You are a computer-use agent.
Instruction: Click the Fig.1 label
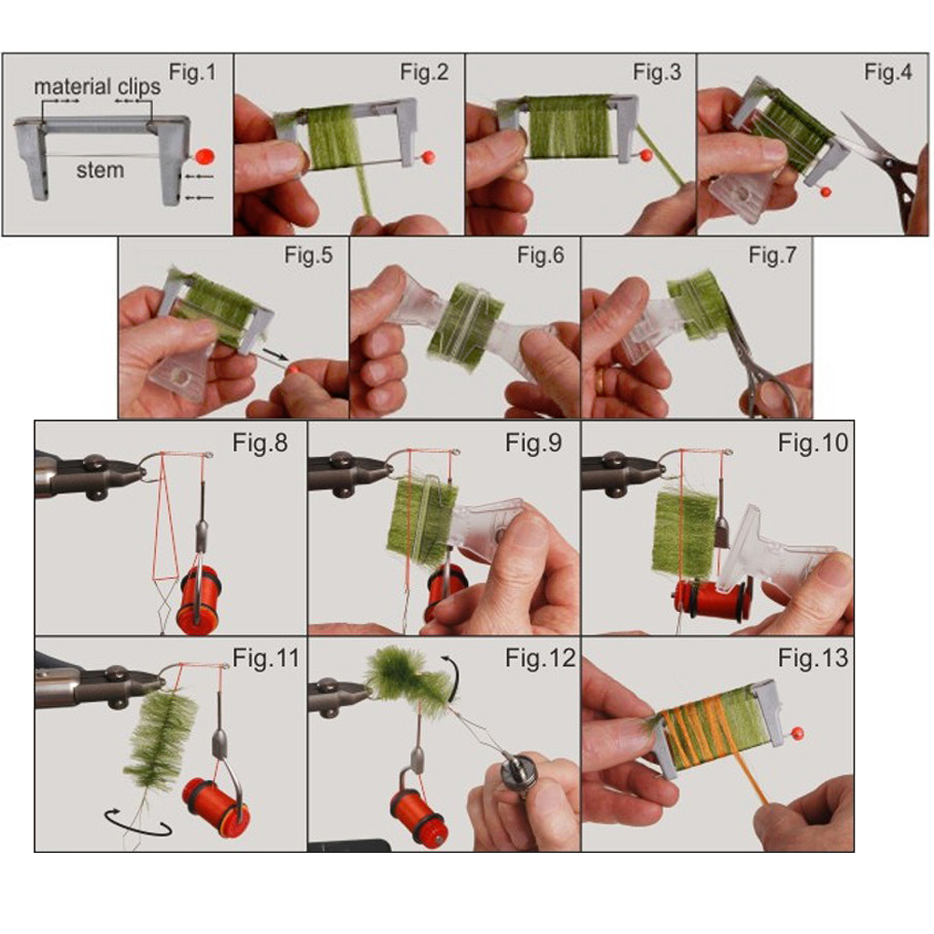point(192,72)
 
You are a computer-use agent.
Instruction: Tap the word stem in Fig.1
point(100,170)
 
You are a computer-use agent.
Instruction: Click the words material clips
point(97,87)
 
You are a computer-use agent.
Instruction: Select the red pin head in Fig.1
point(205,157)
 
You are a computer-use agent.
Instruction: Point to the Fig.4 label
point(888,72)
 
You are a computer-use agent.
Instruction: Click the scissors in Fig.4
point(882,161)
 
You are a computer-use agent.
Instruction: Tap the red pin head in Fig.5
point(293,369)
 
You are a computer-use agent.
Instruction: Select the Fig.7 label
point(772,255)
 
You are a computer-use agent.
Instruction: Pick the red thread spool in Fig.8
point(198,600)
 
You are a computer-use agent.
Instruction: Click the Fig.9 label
point(533,443)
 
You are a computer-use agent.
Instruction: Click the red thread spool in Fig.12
point(417,809)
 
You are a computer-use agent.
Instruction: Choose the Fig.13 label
point(813,658)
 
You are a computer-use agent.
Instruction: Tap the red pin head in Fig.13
point(799,732)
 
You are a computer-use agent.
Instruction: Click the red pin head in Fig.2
point(428,158)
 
